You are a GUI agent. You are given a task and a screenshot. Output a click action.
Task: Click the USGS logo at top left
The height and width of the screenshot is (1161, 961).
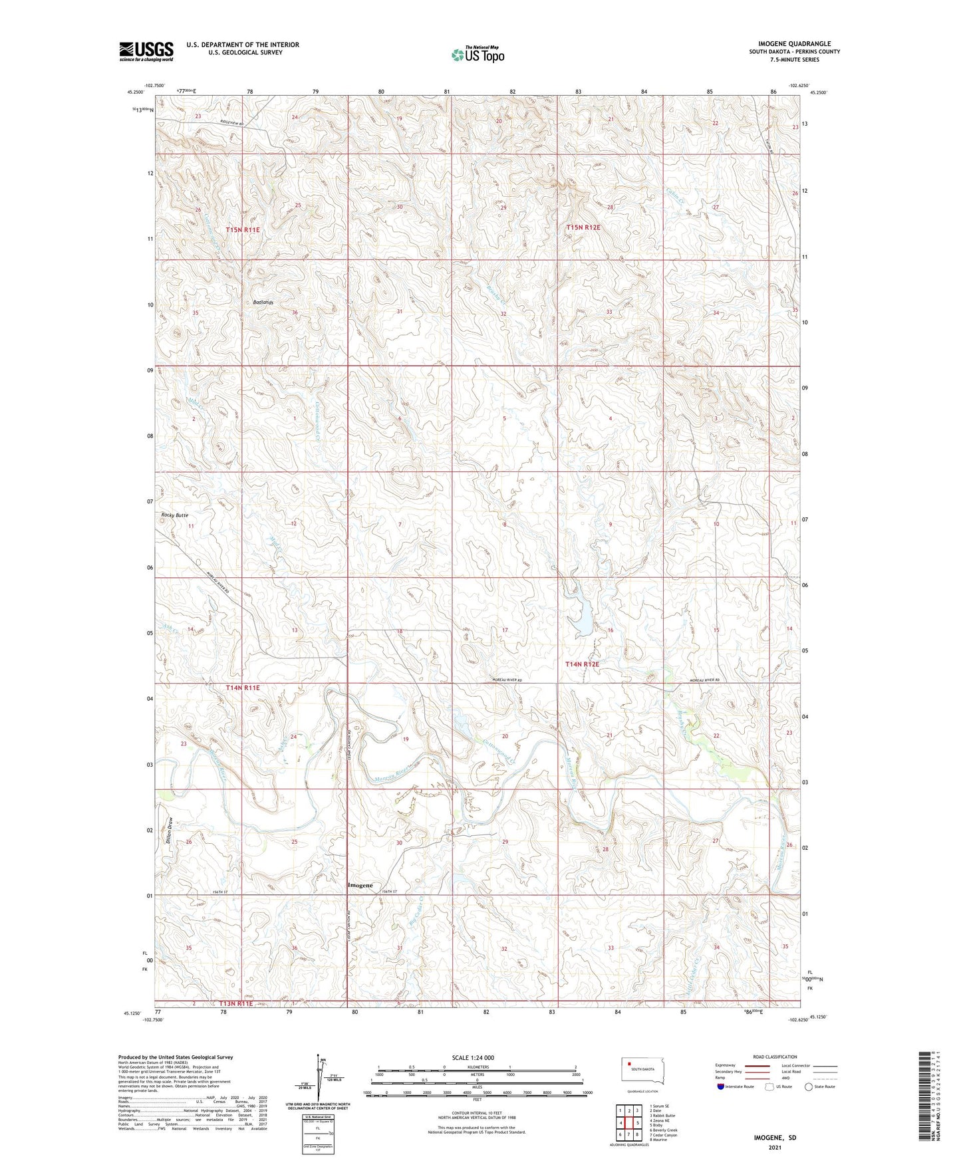(146, 51)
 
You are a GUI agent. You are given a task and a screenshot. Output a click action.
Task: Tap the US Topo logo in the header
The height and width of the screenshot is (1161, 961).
(478, 55)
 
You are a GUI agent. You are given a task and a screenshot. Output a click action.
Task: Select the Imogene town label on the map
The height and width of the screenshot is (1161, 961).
(360, 885)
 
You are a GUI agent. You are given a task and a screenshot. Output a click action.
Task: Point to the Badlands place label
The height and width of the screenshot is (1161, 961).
(263, 302)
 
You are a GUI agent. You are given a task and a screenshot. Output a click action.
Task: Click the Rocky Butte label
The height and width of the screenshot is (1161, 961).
(175, 515)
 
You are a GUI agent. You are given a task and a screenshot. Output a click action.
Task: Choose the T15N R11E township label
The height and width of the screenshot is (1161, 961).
(242, 229)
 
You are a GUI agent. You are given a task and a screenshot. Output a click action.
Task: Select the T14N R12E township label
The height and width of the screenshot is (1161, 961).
(582, 664)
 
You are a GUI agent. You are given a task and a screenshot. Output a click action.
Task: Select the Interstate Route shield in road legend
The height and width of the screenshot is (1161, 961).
(721, 1087)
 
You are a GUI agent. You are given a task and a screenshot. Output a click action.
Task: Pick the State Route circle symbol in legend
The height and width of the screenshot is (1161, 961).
(808, 1087)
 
